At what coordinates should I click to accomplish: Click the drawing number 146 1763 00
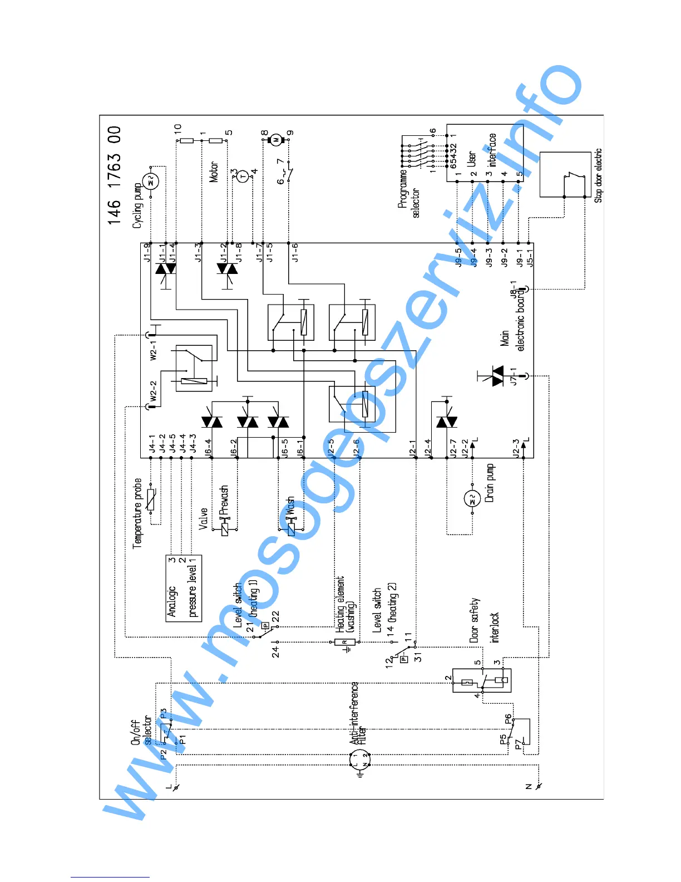[115, 175]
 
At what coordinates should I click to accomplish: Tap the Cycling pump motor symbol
[151, 181]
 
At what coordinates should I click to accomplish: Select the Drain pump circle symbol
[472, 498]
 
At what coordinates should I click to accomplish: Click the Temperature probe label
[138, 513]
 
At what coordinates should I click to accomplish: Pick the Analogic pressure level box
[184, 588]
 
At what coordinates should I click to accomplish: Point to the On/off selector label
[141, 732]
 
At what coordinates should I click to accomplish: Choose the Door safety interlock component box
[481, 680]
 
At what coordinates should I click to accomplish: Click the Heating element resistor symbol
[345, 642]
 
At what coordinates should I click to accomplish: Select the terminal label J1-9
[147, 253]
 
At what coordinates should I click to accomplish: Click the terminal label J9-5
[458, 258]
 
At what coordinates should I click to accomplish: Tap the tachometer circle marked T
[242, 177]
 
